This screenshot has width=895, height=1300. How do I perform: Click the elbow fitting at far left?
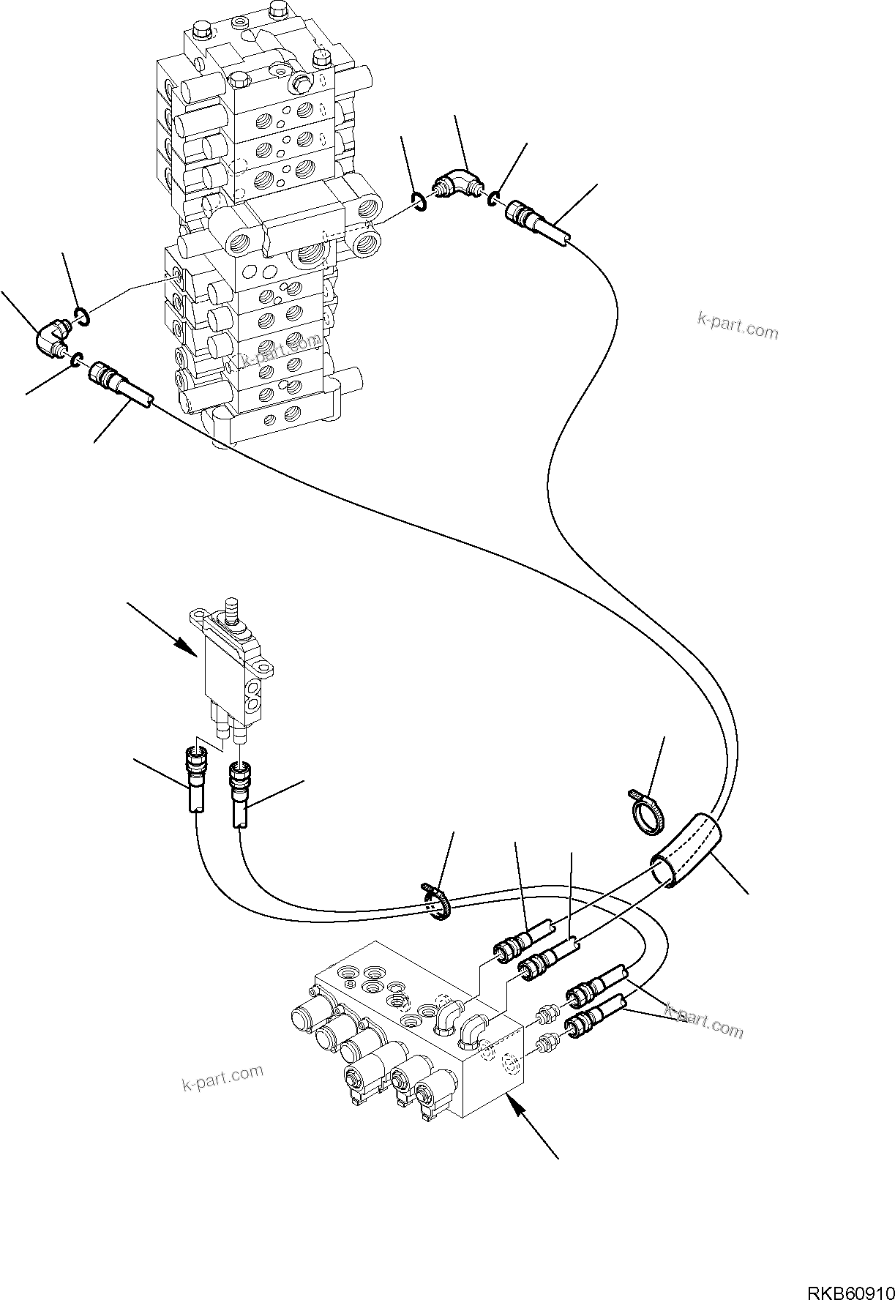[52, 337]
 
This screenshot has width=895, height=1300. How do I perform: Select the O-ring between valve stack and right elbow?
[419, 203]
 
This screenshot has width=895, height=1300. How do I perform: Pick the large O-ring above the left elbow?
[81, 316]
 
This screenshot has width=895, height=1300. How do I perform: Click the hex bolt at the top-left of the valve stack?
[202, 33]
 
